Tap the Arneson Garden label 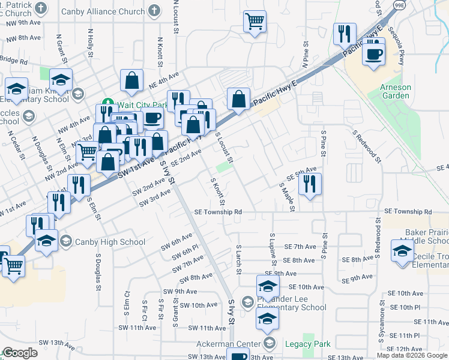click(x=396, y=91)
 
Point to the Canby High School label click(x=109, y=242)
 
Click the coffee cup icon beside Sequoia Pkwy click(x=373, y=54)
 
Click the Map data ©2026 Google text click(x=411, y=355)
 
